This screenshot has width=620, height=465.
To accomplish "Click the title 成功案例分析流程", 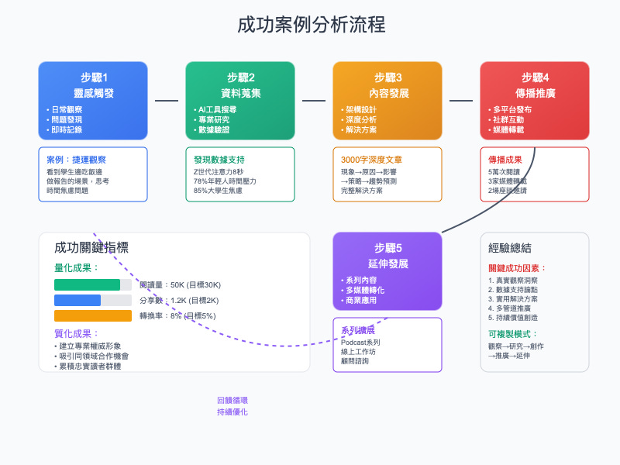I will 311,25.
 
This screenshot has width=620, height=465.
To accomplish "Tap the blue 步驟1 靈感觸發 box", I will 93,101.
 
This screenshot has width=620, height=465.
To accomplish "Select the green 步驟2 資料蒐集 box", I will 240,101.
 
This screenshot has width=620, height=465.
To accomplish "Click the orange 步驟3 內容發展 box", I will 387,101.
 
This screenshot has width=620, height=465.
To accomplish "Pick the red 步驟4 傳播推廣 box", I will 535,101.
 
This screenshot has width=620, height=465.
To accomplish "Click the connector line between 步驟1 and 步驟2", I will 167,101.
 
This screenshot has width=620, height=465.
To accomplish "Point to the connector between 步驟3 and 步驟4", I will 461,101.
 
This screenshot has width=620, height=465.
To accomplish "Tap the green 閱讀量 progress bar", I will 87,284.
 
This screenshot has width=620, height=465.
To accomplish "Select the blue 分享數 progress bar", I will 77,300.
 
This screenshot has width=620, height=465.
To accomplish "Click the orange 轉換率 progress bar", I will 93,315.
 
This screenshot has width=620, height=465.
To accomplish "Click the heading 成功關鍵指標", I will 91,248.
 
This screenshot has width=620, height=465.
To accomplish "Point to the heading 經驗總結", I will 510,248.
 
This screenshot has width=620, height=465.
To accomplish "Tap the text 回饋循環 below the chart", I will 232,400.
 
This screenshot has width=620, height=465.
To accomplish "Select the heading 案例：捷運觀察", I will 77,159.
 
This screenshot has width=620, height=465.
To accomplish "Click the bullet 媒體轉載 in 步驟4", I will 512,131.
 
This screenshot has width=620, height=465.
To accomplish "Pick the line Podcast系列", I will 361,342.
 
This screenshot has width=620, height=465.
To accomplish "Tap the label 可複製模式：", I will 512,333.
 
